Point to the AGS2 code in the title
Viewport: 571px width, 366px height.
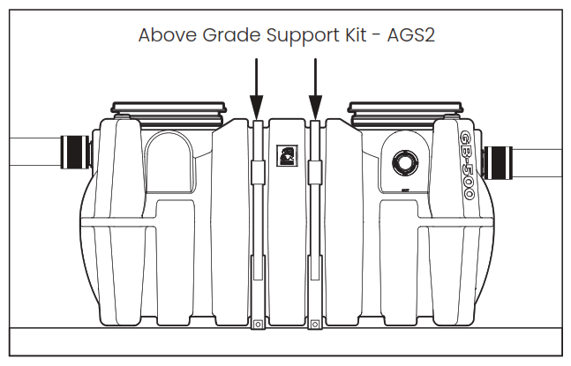412,35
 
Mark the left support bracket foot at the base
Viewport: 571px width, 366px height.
257,323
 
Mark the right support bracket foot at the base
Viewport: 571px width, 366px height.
315,323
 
